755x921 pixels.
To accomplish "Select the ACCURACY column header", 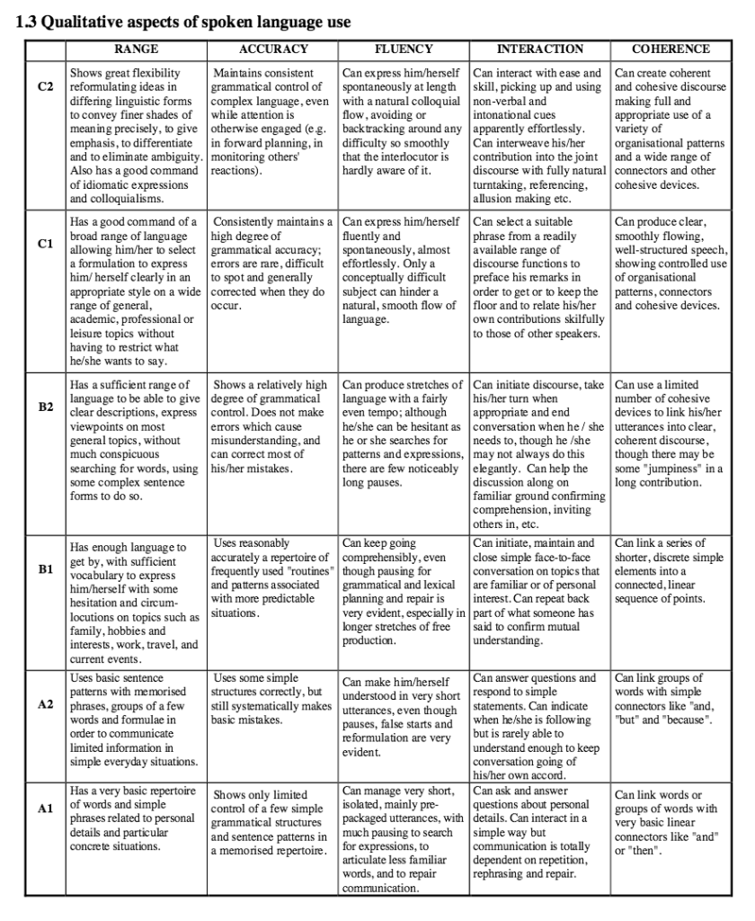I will pos(273,49).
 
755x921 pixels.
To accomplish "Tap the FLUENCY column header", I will pos(404,49).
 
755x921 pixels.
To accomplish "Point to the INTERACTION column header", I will pos(539,49).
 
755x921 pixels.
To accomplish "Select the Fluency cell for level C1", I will pos(404,270).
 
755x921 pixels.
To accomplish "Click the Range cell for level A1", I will pos(137,818).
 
